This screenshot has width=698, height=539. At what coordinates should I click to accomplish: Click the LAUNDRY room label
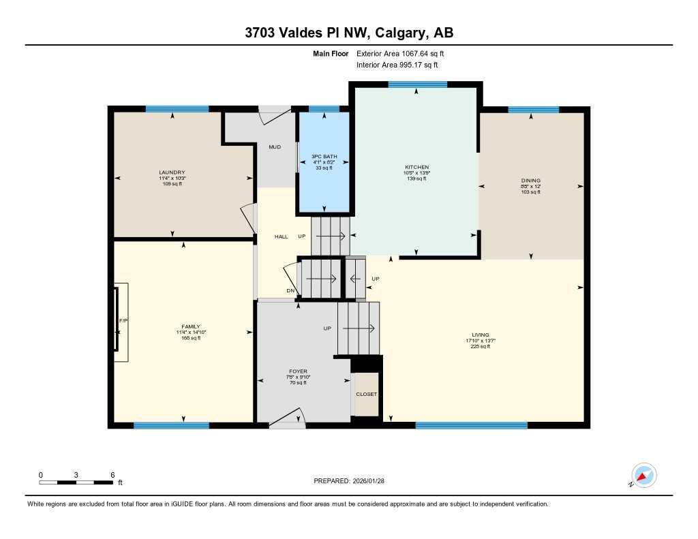point(172,172)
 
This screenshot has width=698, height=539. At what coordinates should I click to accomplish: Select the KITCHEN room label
point(416,167)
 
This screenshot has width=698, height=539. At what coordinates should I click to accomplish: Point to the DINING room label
point(530,181)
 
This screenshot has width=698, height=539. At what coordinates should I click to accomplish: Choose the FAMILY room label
point(190,326)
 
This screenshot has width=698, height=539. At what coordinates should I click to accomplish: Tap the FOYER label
point(297,372)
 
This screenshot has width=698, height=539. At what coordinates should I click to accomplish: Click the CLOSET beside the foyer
point(366,394)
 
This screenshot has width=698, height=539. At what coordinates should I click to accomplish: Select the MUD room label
point(275,147)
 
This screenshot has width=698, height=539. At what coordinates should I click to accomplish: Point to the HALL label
point(281,236)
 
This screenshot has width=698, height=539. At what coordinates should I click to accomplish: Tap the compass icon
point(643,475)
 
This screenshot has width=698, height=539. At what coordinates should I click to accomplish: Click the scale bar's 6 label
point(112,474)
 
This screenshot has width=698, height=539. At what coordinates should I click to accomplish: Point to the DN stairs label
point(290,291)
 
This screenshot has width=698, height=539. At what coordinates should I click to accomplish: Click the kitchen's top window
point(417,84)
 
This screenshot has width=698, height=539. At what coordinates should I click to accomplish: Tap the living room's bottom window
point(471,425)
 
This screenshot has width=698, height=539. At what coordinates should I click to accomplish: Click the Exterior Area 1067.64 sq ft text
point(400,53)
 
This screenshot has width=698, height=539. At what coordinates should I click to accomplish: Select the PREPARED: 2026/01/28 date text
point(348,480)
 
